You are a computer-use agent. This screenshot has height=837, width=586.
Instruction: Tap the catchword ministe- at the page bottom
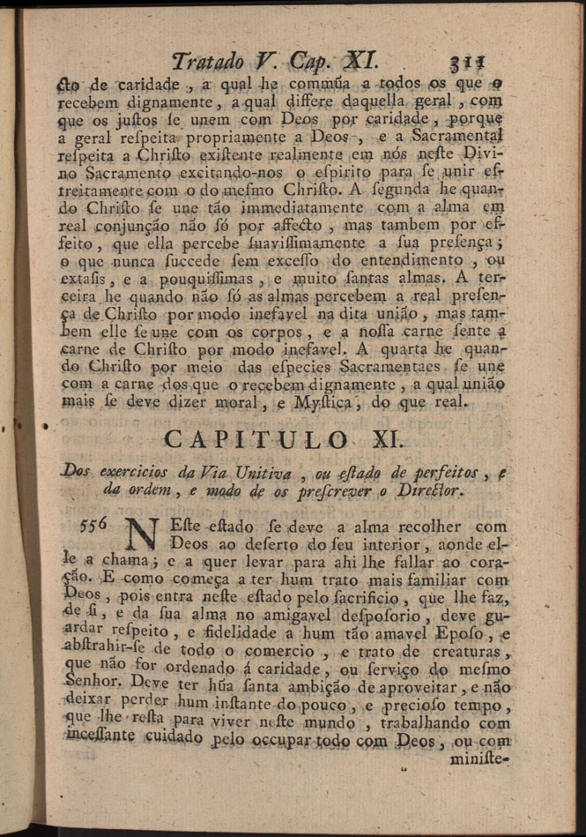click(480, 758)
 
